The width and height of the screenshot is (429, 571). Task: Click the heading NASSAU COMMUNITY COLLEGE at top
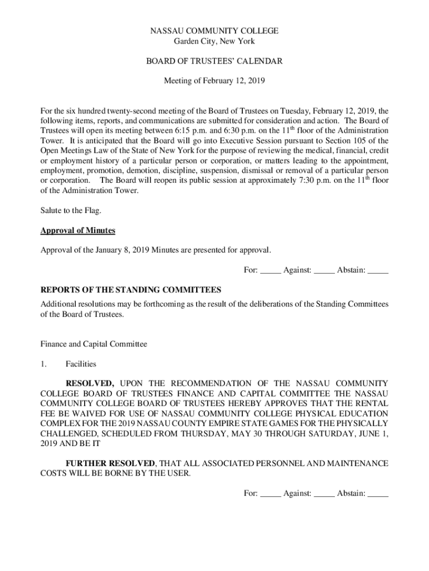[214, 31]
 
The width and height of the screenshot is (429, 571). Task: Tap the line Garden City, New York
[214, 41]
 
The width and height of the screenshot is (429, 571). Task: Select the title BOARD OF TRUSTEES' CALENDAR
[214, 61]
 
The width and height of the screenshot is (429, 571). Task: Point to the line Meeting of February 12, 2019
[214, 81]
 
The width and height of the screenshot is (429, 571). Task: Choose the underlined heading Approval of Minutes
[78, 230]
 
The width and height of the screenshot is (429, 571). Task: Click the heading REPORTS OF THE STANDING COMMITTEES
[131, 290]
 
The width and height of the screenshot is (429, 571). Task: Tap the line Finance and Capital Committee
[94, 344]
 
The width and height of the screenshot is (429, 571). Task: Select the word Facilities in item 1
[81, 364]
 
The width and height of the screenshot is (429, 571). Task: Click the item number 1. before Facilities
[44, 364]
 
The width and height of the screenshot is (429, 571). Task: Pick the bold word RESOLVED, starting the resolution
[90, 384]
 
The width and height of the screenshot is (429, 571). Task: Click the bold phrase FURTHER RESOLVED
[110, 464]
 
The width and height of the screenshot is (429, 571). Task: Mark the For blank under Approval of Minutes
[271, 271]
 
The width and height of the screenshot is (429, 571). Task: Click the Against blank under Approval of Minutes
[324, 271]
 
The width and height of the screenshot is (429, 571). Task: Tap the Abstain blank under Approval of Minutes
[378, 271]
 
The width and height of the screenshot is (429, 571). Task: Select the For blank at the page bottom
[271, 494]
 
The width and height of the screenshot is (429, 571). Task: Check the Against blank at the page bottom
[324, 494]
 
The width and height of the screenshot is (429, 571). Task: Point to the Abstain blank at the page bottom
[378, 494]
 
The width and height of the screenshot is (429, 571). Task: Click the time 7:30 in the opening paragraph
[301, 181]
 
